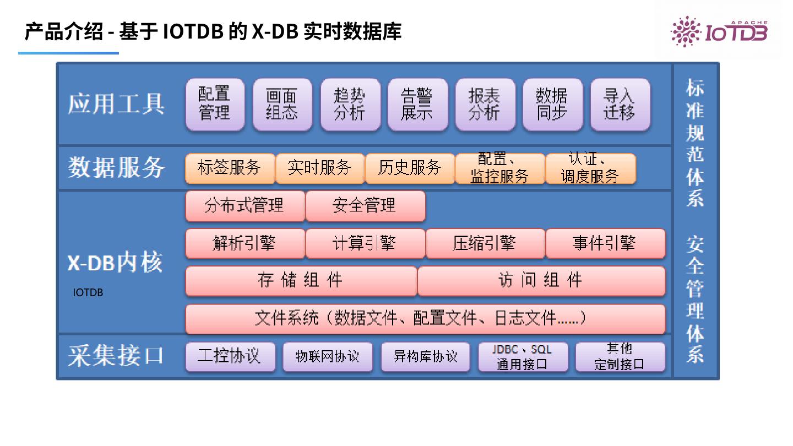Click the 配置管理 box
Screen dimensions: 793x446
[215, 105]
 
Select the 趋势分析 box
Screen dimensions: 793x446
[350, 105]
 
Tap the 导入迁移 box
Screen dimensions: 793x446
[620, 105]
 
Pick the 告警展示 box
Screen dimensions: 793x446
[417, 105]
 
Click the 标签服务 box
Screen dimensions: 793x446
[230, 168]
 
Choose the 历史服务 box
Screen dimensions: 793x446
[410, 168]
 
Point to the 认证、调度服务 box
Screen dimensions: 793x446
[590, 168]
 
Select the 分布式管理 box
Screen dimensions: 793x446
[245, 206]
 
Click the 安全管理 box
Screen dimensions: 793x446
[365, 206]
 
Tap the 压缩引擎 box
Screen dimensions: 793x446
[485, 243]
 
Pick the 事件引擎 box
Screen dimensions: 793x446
[605, 243]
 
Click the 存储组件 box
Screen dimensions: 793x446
[301, 281]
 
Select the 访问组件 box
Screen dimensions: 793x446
[541, 281]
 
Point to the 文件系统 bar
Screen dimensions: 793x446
[425, 318]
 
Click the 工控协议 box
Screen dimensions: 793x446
[230, 356]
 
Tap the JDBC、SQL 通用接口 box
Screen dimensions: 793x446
[523, 357]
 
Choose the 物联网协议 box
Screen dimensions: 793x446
[328, 357]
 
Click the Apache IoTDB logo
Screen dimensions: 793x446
[719, 31]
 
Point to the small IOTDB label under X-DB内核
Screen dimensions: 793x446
[88, 293]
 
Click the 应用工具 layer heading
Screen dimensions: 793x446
[116, 104]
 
